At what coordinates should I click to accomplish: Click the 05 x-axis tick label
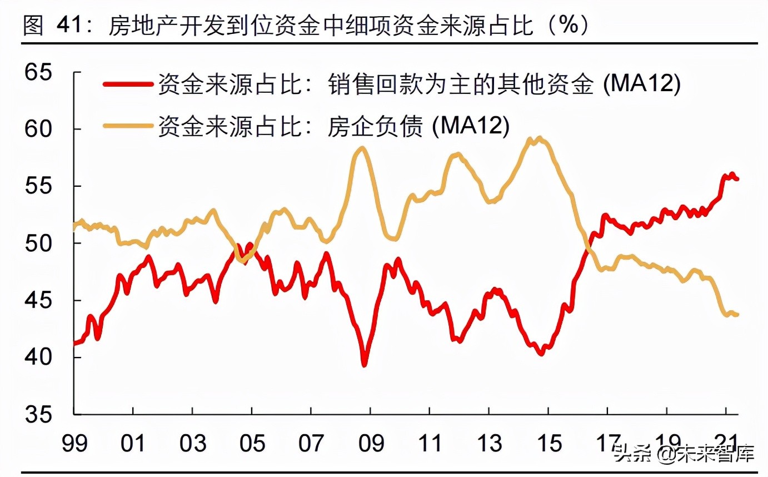click(252, 443)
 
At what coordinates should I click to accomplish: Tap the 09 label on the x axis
click(371, 443)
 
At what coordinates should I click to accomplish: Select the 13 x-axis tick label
click(490, 443)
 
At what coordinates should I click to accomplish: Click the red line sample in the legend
click(128, 84)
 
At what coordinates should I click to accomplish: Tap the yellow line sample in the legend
click(128, 126)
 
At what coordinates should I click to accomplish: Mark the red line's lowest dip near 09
click(365, 365)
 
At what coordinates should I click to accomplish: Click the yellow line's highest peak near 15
click(539, 138)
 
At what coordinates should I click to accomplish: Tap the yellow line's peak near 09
click(362, 148)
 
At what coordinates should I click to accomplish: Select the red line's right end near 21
click(737, 178)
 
